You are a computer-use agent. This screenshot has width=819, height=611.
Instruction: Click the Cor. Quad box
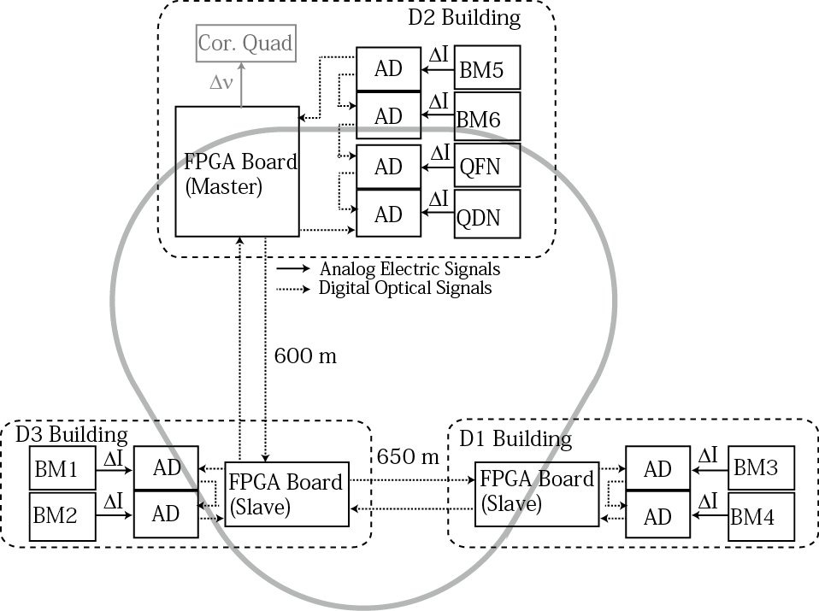(246, 44)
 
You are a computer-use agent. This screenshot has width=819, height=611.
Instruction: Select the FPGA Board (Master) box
(237, 172)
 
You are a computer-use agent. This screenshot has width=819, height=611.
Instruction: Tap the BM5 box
(487, 68)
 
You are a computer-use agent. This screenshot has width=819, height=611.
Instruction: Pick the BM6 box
(487, 116)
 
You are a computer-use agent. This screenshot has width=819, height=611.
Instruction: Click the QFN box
(487, 165)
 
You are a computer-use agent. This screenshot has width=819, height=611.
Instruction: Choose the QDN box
(487, 214)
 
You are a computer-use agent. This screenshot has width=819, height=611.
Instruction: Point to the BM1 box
(62, 468)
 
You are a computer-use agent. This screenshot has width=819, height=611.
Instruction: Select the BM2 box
(62, 516)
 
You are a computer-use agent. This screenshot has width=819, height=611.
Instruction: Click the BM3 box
(762, 468)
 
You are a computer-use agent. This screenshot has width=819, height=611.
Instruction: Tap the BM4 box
(762, 516)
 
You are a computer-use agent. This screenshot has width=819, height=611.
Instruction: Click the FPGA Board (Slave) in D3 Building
(286, 494)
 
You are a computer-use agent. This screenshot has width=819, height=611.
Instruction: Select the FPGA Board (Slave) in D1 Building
(537, 494)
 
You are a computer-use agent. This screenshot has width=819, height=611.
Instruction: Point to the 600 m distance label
(305, 356)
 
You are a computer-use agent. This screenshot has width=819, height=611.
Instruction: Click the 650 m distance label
(408, 457)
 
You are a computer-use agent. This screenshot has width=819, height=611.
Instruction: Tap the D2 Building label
(464, 18)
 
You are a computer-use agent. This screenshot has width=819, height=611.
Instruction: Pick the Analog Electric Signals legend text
(410, 269)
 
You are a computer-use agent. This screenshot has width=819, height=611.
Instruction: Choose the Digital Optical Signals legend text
(405, 288)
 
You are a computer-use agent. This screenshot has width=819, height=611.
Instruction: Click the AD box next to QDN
(389, 214)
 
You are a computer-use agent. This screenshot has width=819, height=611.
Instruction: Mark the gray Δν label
(221, 83)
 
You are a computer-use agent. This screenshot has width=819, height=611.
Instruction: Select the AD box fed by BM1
(166, 468)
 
